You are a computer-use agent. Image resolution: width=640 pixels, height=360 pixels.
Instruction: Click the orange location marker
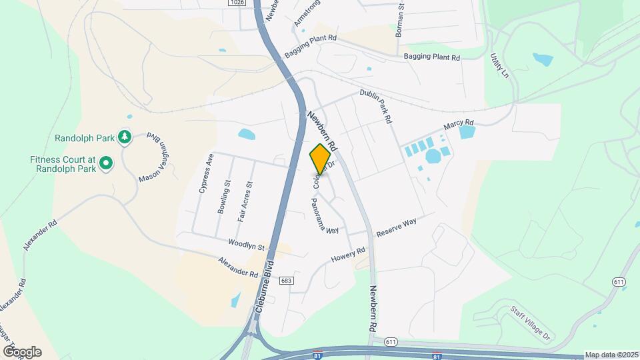coord(320,159)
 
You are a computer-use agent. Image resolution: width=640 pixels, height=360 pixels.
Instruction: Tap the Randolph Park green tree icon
coord(124,137)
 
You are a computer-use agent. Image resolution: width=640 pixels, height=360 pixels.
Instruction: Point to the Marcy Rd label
coord(459,126)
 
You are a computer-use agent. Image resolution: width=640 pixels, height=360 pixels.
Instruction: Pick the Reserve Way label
coord(396,227)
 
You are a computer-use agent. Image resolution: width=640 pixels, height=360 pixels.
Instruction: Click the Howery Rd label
coord(349,254)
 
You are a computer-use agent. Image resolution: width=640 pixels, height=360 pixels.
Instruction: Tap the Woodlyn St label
coord(247,245)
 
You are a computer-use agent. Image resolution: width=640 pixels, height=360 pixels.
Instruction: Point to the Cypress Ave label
coord(205,174)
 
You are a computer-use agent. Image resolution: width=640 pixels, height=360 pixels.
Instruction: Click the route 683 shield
coord(286,281)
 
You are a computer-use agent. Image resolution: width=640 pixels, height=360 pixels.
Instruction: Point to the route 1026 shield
coord(236,3)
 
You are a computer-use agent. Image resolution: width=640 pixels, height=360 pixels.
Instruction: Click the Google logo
coord(22,351)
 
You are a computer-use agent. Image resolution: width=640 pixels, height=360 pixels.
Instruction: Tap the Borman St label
coord(401,19)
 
